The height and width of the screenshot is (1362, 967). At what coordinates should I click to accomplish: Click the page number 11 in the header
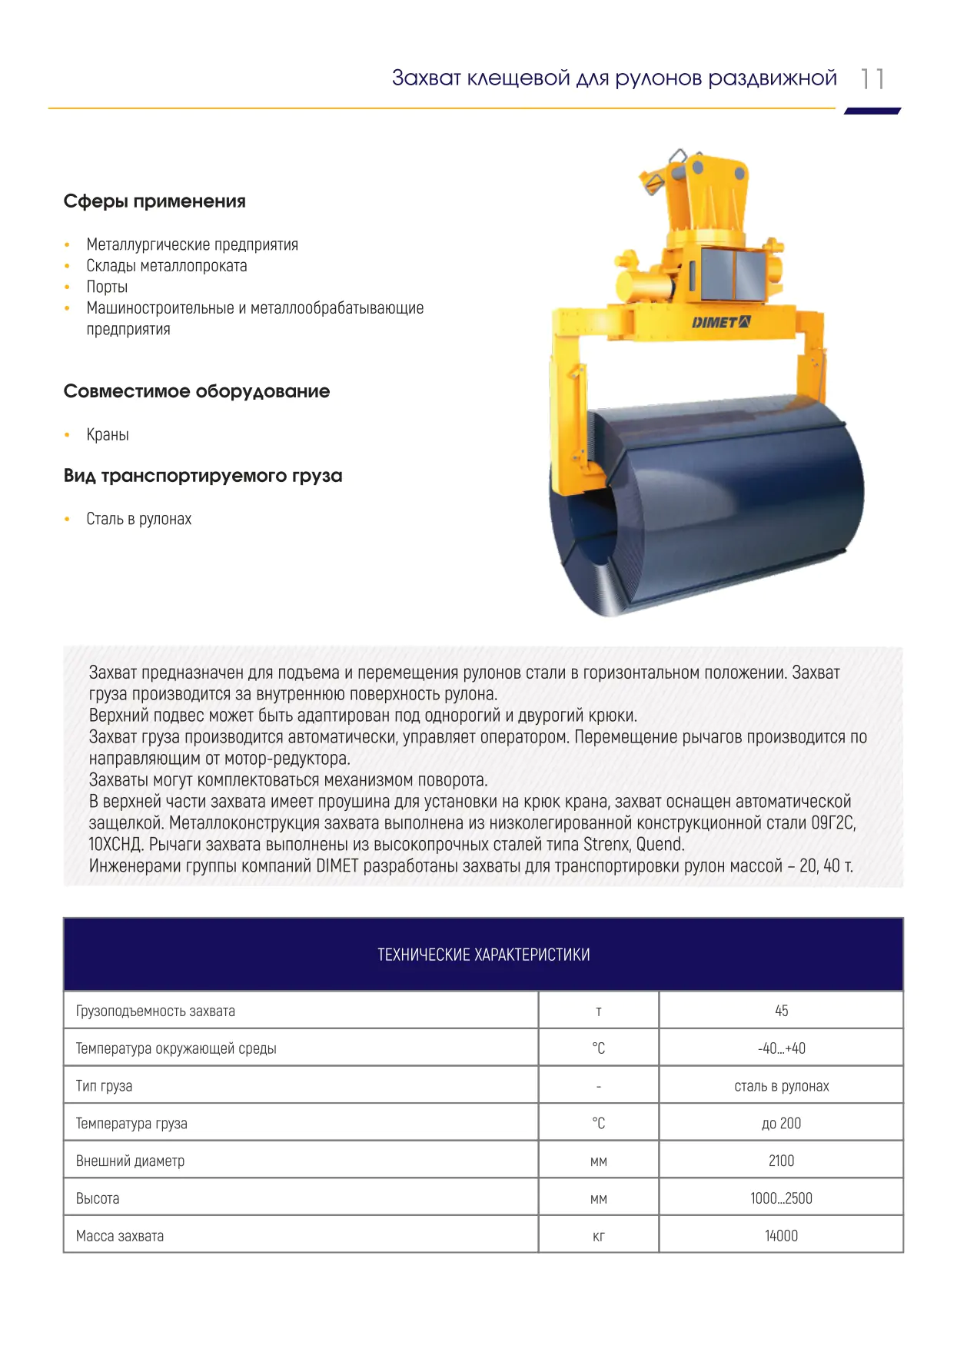pos(872,79)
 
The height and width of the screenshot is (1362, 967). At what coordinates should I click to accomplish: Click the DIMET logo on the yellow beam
pos(721,322)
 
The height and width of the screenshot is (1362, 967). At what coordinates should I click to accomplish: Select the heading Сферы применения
pos(155,201)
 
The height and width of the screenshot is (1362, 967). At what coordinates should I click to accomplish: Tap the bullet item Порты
pos(107,287)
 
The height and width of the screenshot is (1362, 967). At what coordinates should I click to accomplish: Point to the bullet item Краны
pos(108,434)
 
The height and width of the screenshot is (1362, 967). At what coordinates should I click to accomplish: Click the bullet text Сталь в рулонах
pos(138,519)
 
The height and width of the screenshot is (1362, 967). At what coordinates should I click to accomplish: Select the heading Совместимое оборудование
pos(197,391)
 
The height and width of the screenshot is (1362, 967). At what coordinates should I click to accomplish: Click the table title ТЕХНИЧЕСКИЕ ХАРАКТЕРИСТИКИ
pos(483,955)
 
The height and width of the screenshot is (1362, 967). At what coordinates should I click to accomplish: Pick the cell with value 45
pos(781,1011)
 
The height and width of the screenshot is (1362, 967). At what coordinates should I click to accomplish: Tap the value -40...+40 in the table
pos(781,1048)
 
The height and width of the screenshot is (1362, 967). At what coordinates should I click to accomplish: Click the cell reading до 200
pos(781,1124)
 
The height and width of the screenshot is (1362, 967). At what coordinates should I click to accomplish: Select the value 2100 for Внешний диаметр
pos(781,1161)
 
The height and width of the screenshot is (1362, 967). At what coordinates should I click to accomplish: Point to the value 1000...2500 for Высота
pos(781,1198)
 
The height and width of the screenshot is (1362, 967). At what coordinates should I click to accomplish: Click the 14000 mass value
pos(781,1236)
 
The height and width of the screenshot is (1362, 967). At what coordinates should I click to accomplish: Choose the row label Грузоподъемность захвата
pos(155,1011)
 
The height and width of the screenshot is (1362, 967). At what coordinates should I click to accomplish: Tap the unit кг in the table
pos(599,1236)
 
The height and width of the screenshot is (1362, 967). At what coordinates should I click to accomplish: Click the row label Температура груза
pos(131,1124)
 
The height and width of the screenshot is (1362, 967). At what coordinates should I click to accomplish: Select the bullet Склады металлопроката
pos(167,266)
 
